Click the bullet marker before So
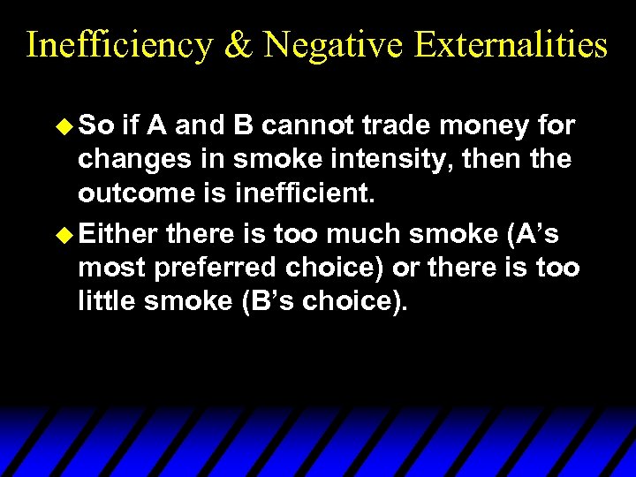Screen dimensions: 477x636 pyautogui.click(x=66, y=126)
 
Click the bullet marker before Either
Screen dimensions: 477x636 pyautogui.click(x=66, y=234)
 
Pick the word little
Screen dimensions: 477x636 pyautogui.click(x=110, y=301)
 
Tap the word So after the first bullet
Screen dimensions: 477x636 pyautogui.click(x=97, y=126)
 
